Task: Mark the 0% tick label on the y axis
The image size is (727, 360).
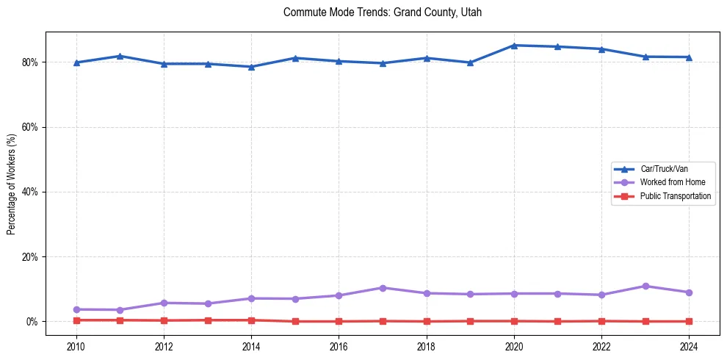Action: pyautogui.click(x=33, y=322)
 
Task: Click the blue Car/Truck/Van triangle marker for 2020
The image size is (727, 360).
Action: pyautogui.click(x=514, y=46)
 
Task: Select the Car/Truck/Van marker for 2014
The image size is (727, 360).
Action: pyautogui.click(x=251, y=67)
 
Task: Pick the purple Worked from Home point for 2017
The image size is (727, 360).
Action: pyautogui.click(x=383, y=288)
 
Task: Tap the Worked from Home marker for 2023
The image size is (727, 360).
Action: pyautogui.click(x=645, y=286)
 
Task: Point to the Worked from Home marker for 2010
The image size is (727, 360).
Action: pyautogui.click(x=76, y=309)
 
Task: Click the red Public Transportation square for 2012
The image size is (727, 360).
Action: pyautogui.click(x=164, y=320)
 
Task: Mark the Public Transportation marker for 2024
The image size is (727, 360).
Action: pyautogui.click(x=689, y=321)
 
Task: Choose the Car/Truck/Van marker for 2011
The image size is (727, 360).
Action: pyautogui.click(x=120, y=56)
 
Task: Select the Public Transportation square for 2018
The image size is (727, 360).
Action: pyautogui.click(x=427, y=321)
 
